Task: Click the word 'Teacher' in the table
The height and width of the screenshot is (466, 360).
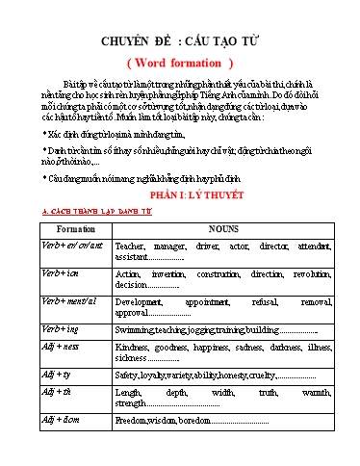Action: click(133, 246)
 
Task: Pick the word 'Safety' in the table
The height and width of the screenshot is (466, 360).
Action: click(126, 375)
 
